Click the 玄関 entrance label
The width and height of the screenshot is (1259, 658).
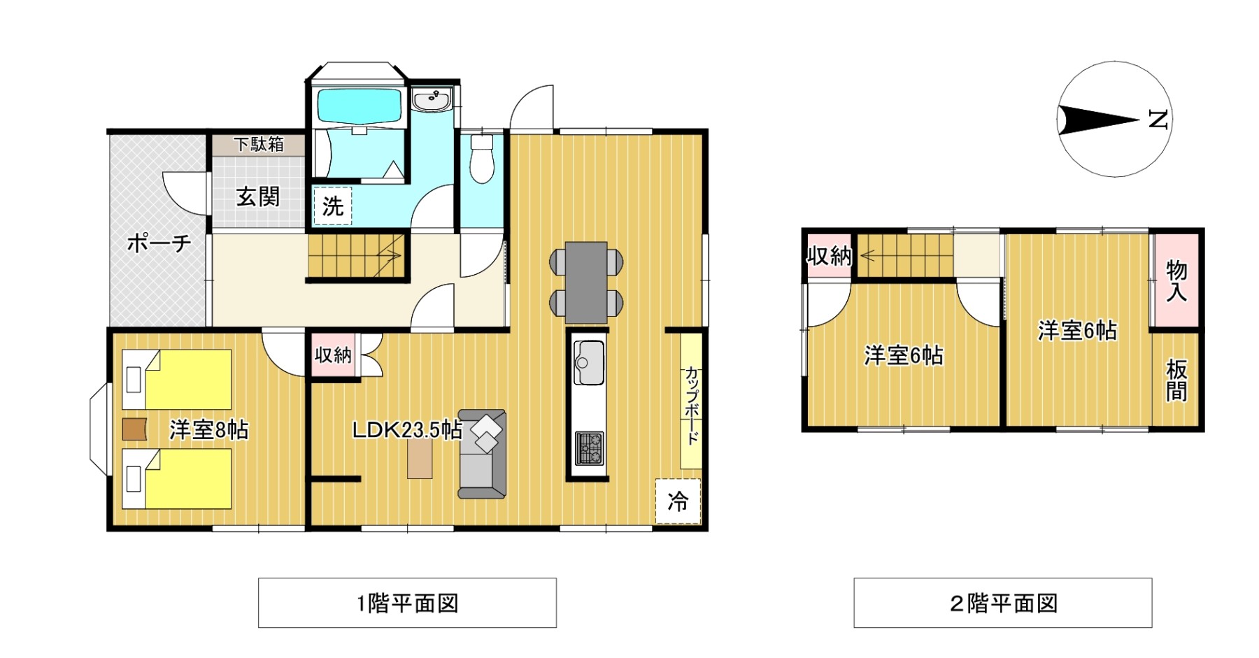pyautogui.click(x=258, y=196)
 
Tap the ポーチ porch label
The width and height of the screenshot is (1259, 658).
pyautogui.click(x=159, y=243)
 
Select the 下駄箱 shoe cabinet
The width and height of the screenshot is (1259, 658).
pyautogui.click(x=259, y=145)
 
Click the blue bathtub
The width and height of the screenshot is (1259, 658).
pyautogui.click(x=360, y=106)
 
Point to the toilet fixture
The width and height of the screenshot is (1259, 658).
pyautogui.click(x=482, y=159)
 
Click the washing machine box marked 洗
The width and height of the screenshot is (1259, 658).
pyautogui.click(x=332, y=206)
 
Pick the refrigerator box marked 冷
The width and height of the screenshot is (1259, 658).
pyautogui.click(x=678, y=501)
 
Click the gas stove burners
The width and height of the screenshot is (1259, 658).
pyautogui.click(x=589, y=448)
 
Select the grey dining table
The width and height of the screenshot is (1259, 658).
pyautogui.click(x=586, y=282)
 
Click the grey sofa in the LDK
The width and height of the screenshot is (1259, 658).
pyautogui.click(x=482, y=454)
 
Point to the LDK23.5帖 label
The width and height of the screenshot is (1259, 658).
pyautogui.click(x=407, y=430)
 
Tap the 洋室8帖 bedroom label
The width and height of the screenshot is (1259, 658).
pyautogui.click(x=209, y=429)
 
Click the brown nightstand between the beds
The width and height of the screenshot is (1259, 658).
pyautogui.click(x=134, y=429)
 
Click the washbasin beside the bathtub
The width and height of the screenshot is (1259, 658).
pyautogui.click(x=432, y=100)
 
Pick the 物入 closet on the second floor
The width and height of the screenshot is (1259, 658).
pyautogui.click(x=1176, y=280)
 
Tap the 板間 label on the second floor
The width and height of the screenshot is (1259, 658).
pyautogui.click(x=1176, y=380)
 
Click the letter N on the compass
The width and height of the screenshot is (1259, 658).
pyautogui.click(x=1158, y=120)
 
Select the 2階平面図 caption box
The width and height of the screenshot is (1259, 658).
pyautogui.click(x=1003, y=603)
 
